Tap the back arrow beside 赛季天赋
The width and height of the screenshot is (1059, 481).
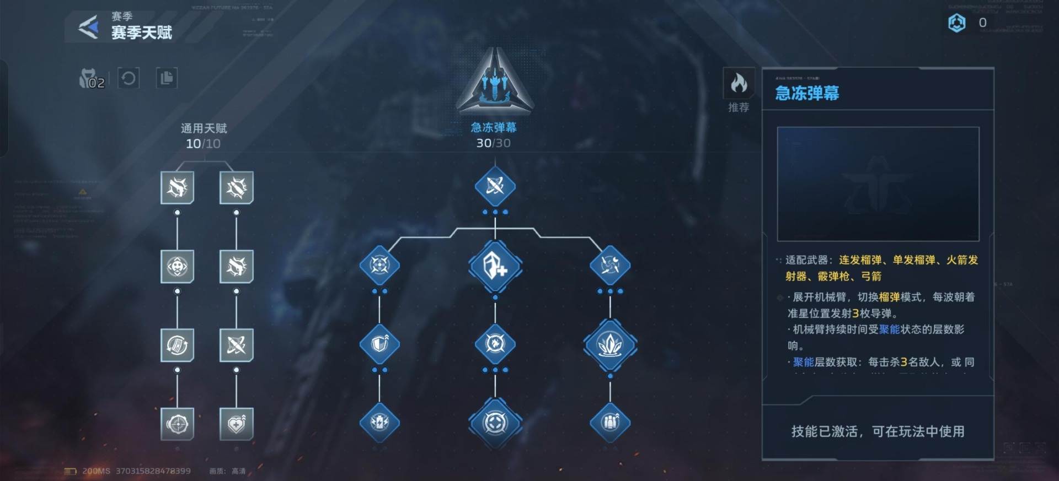click(88, 27)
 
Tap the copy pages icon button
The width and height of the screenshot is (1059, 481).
click(166, 78)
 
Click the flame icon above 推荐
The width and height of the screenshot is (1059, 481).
click(739, 83)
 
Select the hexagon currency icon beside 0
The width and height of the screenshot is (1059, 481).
click(956, 23)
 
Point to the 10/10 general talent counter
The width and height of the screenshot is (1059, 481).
click(203, 144)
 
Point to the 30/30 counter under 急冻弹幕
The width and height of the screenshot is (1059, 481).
click(493, 143)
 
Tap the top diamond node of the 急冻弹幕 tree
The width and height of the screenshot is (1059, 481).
click(495, 186)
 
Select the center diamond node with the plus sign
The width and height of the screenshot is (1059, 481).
click(495, 266)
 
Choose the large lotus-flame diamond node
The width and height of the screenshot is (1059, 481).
click(610, 344)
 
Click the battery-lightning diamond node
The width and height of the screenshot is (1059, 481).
click(379, 423)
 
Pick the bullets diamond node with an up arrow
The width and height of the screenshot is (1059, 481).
click(610, 423)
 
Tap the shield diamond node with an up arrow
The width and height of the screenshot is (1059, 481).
click(379, 344)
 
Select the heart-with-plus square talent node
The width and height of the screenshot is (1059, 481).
click(237, 424)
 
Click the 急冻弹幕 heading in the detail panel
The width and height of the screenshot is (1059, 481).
click(807, 93)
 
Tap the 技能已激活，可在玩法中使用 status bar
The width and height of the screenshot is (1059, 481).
click(878, 431)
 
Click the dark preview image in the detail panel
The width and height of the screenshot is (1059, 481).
click(878, 184)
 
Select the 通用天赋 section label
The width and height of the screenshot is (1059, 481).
click(204, 128)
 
